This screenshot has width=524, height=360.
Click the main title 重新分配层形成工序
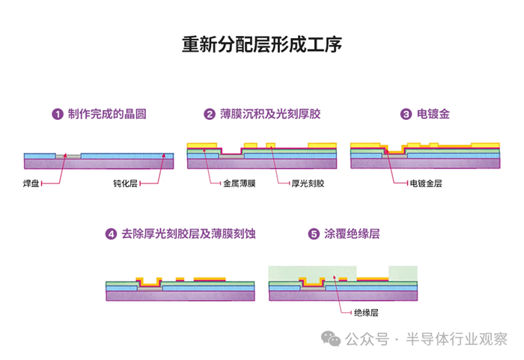point(262,46)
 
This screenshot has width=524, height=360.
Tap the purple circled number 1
point(56,115)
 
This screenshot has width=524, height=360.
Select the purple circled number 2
point(210,115)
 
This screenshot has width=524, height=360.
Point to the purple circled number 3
point(406,115)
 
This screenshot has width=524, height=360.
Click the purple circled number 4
point(112,234)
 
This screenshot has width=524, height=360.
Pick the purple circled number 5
point(314,234)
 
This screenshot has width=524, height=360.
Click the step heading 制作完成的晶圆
point(106,115)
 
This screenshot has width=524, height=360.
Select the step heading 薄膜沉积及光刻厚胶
point(270,115)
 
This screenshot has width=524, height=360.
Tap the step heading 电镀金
point(434,115)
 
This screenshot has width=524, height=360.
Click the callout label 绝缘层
point(366,312)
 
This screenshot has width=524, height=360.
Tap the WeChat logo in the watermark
point(331,339)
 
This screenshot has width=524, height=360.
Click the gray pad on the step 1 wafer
point(68,155)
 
